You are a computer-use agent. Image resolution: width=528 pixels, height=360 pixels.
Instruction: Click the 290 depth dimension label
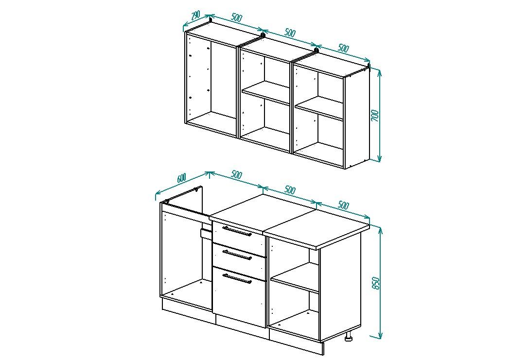point(195,15)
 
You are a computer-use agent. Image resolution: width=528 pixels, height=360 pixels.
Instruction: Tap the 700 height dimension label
point(375,116)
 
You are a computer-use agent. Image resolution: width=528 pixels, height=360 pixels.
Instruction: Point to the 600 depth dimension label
point(181,177)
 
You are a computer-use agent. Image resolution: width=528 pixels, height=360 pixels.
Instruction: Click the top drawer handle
point(237,231)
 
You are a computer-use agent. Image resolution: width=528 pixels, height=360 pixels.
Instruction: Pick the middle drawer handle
point(237,255)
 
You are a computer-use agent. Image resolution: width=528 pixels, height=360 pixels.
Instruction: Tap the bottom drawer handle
point(237,279)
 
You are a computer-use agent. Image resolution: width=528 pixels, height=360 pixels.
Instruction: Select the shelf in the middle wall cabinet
point(265,92)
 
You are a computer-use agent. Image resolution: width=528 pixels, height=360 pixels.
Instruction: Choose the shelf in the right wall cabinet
point(319,108)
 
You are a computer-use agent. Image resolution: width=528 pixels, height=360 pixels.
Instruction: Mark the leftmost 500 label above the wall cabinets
point(236,17)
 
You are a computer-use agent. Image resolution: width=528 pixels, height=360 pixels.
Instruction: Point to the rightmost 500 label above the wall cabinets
point(343,48)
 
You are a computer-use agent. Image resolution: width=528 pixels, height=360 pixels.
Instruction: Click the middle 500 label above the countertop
point(290,190)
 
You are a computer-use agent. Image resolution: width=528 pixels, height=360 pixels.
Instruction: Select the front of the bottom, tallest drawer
point(239,297)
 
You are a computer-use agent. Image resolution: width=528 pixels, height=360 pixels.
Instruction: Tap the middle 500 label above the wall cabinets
point(290,33)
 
